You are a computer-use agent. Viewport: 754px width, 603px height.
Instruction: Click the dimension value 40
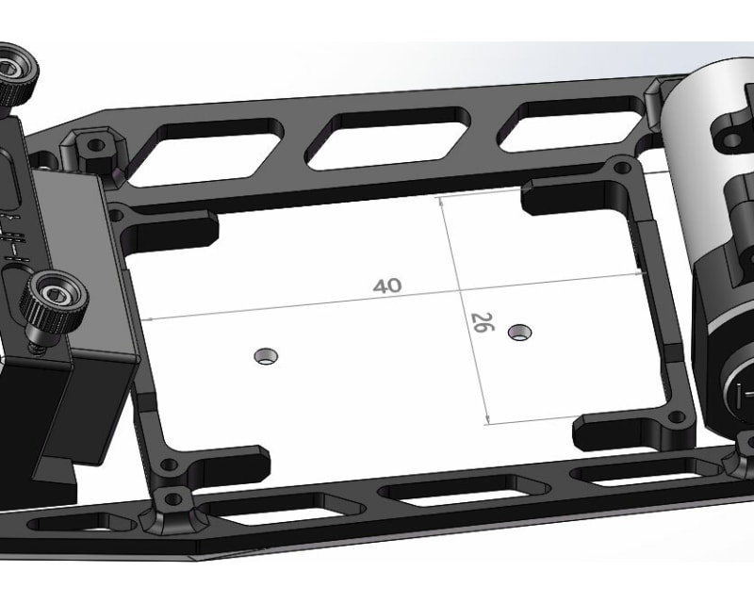[x=386, y=285]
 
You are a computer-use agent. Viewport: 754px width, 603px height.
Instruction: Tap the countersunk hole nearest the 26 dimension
[x=517, y=332]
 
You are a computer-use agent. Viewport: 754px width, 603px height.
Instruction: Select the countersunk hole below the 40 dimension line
[x=267, y=355]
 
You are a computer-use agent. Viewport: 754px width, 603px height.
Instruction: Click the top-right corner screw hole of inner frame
[x=620, y=169]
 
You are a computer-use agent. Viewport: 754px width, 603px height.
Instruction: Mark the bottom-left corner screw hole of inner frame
[x=167, y=466]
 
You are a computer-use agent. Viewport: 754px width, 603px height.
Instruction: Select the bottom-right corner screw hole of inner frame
[x=674, y=416]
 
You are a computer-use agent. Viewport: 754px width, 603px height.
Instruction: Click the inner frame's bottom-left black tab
[x=231, y=463]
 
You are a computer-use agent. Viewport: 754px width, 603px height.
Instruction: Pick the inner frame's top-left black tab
[x=170, y=226]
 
